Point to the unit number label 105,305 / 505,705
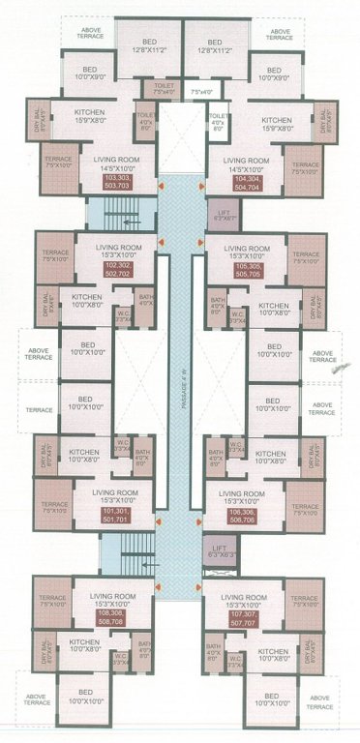tap(245, 270)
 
